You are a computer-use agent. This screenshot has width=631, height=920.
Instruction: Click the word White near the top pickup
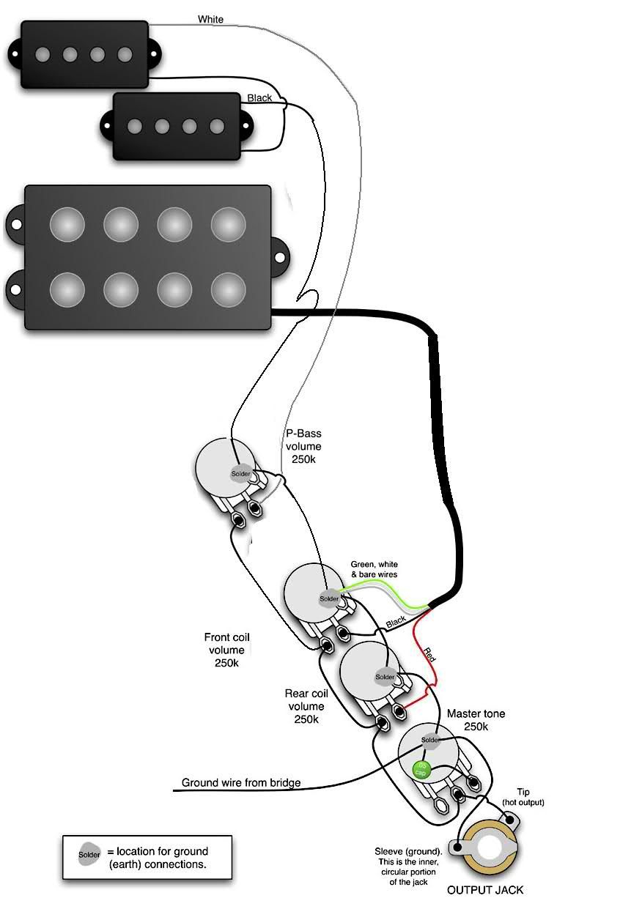tap(210, 20)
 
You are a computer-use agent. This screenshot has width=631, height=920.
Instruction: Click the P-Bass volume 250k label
tap(303, 446)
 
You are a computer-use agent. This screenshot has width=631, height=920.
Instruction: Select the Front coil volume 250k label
tap(226, 650)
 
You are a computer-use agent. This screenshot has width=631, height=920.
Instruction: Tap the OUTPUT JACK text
tap(485, 891)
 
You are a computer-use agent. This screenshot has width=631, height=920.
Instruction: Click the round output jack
tap(490, 850)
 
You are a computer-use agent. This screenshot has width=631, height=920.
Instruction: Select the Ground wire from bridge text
tap(241, 783)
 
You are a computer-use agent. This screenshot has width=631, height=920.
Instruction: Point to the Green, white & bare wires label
tap(374, 569)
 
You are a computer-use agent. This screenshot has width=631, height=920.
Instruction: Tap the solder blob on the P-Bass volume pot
tap(241, 473)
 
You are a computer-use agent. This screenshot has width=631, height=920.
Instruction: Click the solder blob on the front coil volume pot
tap(329, 599)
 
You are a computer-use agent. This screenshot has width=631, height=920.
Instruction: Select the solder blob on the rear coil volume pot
tap(385, 677)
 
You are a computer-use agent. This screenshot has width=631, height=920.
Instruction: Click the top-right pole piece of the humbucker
tap(229, 223)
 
